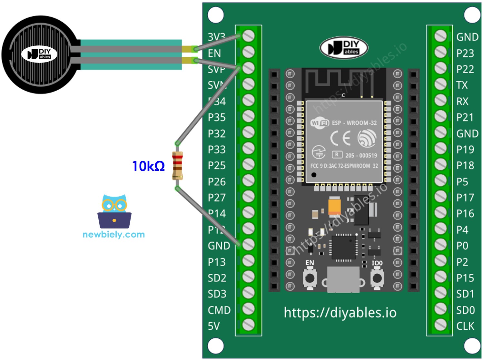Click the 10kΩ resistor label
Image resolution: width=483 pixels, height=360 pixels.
148,166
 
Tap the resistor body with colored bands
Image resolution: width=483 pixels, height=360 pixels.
177,165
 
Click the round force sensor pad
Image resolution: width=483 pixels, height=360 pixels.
40,55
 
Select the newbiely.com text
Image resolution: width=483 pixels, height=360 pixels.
113,234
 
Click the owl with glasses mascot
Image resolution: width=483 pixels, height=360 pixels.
114,211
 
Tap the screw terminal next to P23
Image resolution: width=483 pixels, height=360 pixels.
440,52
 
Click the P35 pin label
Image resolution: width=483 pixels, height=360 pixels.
217,117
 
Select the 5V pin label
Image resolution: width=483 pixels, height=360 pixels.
214,326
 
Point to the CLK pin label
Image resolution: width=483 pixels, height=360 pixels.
465,326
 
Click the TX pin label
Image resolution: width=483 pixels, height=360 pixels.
462,85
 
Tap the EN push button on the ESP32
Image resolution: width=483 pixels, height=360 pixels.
310,277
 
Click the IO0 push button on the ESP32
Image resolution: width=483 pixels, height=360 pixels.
377,277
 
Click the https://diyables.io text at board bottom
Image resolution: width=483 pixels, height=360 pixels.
340,313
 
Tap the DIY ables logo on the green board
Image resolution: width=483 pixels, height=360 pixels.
344,48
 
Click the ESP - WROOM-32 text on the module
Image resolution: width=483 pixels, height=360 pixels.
354,123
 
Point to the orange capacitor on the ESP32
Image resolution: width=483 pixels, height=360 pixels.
334,206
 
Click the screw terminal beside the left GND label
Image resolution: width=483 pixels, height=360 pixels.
248,245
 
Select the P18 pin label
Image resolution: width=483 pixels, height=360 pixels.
465,165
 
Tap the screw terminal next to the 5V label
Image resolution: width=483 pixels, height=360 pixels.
248,325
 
